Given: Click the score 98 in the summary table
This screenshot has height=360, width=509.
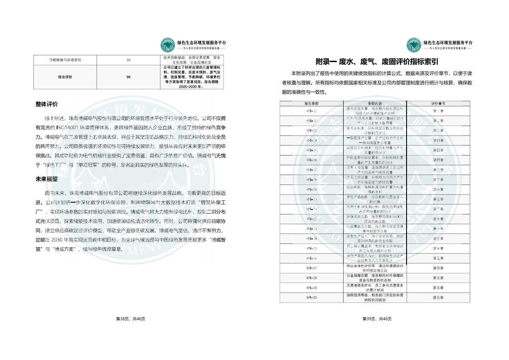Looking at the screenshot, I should coord(128,77).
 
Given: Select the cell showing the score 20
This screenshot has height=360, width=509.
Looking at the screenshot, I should coord(128,60).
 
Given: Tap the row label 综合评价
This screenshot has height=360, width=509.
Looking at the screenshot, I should coord(65,77).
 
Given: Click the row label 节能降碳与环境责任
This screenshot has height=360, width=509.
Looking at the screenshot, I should coord(65,60).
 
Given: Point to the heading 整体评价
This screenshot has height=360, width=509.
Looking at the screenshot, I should coord(47,104).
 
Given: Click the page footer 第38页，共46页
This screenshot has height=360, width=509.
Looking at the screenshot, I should coord(131,319).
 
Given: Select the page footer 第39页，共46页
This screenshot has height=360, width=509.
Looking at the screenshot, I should coord(377,319).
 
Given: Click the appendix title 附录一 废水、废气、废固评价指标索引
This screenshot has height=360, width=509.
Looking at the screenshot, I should coord(377,62).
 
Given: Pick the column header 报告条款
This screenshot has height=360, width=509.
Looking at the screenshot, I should coord(311,103).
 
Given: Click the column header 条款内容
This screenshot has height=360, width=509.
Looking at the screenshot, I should coord(375,103).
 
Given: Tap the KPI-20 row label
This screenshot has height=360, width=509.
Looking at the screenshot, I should coord(311,297).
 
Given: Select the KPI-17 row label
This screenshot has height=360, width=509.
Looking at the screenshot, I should coord(311,268).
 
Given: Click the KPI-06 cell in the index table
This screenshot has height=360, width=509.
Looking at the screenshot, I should coord(311,160).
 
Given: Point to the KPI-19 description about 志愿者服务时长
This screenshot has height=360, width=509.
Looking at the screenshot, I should coord(375,287).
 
